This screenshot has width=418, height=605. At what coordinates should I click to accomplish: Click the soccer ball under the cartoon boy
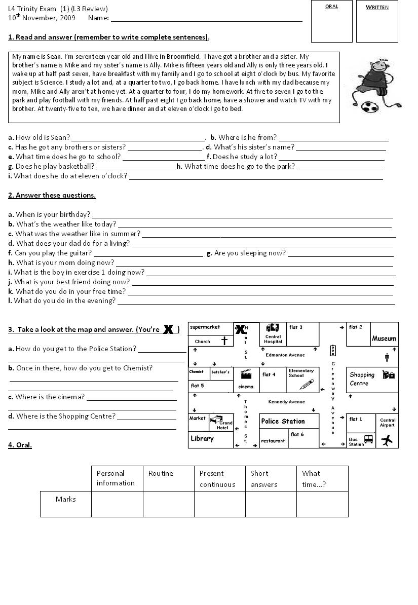367,107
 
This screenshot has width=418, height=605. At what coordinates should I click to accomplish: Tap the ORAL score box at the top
331,21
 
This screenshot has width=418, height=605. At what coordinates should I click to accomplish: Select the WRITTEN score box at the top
377,21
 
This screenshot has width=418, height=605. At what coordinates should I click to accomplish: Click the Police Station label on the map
283,421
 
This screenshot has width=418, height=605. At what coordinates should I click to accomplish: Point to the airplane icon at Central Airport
387,440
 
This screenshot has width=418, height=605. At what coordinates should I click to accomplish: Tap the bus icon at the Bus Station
368,439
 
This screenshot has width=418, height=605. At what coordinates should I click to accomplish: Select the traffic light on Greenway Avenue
333,350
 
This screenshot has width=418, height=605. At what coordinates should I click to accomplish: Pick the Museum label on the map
384,338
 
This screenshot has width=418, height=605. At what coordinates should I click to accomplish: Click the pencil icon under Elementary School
307,385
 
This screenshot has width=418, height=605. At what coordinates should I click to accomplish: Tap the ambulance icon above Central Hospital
273,327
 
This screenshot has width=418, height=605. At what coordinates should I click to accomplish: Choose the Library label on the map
202,438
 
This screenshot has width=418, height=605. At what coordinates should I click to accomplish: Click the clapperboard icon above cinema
246,374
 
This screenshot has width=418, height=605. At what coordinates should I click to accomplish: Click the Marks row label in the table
66,499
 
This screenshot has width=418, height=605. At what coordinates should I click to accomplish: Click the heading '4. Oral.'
20,445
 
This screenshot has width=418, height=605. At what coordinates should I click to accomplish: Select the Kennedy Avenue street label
286,402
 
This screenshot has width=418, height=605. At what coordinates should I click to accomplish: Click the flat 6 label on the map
297,434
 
